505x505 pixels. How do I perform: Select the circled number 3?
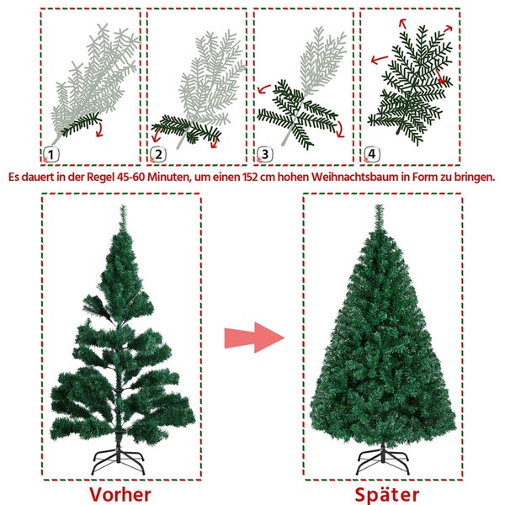click(265, 154)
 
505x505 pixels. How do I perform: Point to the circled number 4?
click(371, 154)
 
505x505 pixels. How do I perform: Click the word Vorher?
click(122, 493)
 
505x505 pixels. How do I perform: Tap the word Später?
click(385, 493)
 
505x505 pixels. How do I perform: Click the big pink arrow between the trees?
click(255, 338)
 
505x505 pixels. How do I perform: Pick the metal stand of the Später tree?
click(385, 460)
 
